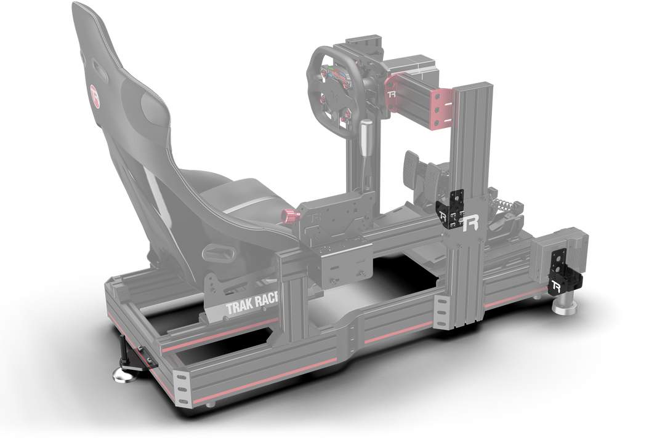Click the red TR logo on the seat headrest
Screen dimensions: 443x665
coord(95,95)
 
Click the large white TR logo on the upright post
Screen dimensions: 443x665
coord(470,223)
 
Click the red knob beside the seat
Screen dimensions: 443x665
coord(289,216)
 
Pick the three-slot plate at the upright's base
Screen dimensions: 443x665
coord(442,308)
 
